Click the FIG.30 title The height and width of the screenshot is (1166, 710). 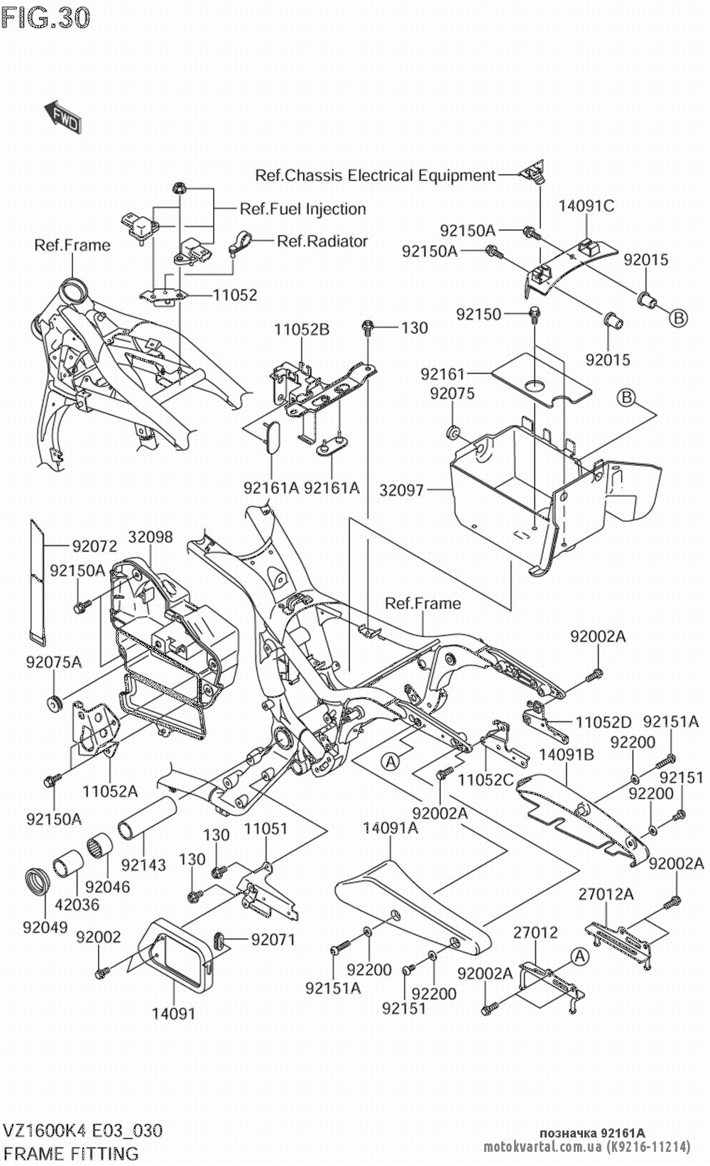point(46,17)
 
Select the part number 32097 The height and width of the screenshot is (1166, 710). point(403,490)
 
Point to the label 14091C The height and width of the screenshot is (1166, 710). point(586,206)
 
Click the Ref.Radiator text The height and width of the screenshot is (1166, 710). point(322,241)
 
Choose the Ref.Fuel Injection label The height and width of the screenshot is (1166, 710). point(303,209)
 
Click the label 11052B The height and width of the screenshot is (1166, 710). point(302,329)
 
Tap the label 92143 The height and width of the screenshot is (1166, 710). point(143,865)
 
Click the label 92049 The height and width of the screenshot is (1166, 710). point(45,927)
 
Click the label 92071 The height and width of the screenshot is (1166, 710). point(273,939)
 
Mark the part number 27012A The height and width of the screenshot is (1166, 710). point(606,894)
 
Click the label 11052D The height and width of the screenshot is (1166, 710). point(603,723)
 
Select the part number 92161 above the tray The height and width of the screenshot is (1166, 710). point(442,374)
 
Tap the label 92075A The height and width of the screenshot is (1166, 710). point(54,663)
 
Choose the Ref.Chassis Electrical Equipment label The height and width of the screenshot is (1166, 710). point(375,175)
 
